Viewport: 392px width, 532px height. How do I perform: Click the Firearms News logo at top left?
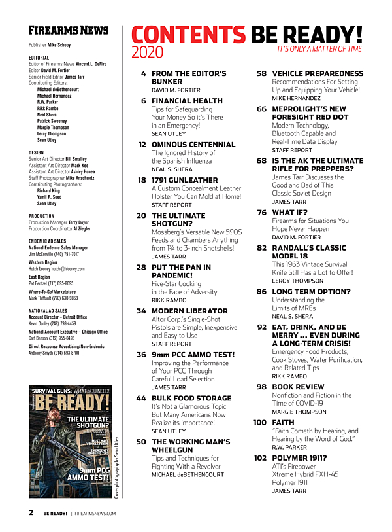click(69, 31)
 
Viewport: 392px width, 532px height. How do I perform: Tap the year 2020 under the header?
click(147, 52)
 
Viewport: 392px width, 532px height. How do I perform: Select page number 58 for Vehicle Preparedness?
click(261, 74)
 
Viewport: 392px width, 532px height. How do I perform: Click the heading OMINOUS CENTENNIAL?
click(188, 143)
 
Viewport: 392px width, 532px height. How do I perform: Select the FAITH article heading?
click(282, 423)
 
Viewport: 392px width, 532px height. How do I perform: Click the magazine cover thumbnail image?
click(69, 442)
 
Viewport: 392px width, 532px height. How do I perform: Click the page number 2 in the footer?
click(31, 512)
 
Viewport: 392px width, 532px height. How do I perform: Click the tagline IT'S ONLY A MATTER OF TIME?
click(319, 49)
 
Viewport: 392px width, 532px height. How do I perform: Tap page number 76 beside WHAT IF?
click(261, 212)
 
